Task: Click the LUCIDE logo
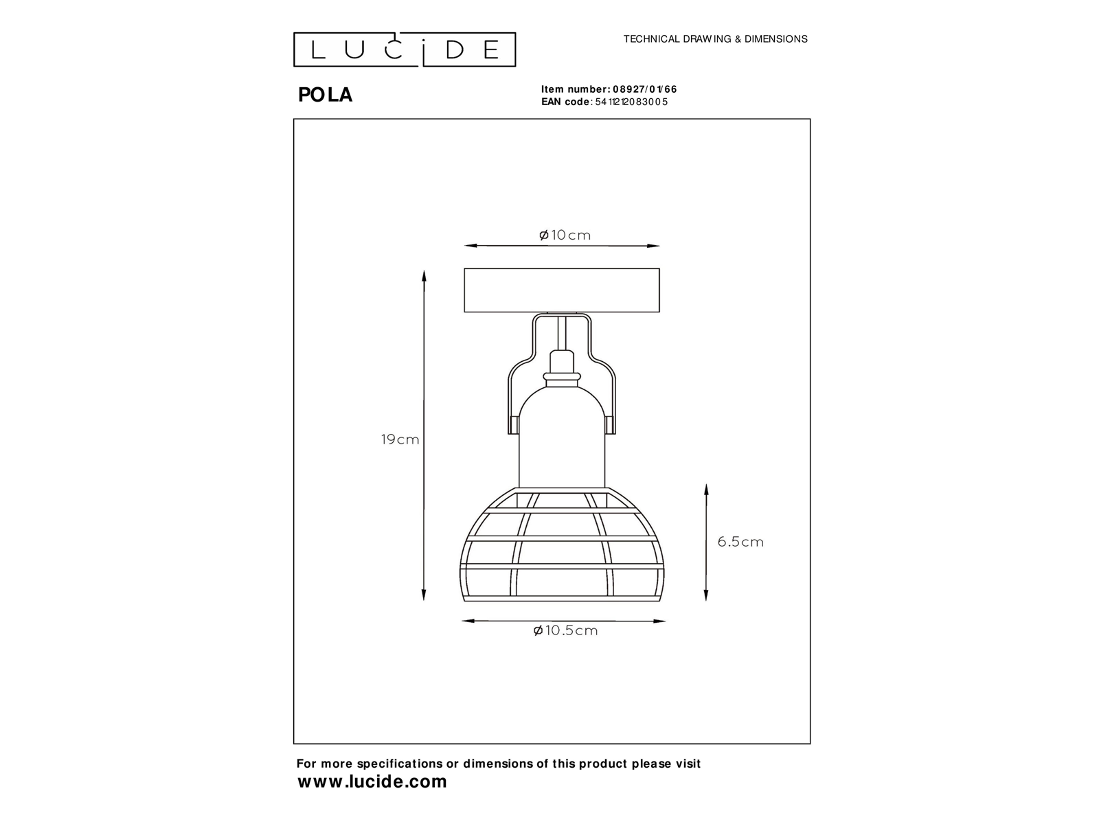tap(404, 49)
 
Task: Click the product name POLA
tap(326, 95)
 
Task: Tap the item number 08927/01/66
tap(645, 89)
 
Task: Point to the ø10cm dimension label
tap(565, 235)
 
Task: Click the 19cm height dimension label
tap(400, 439)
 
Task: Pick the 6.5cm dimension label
tap(740, 542)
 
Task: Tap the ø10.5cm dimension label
tap(565, 630)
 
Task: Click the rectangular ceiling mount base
tap(562, 290)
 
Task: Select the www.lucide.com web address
tap(372, 781)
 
